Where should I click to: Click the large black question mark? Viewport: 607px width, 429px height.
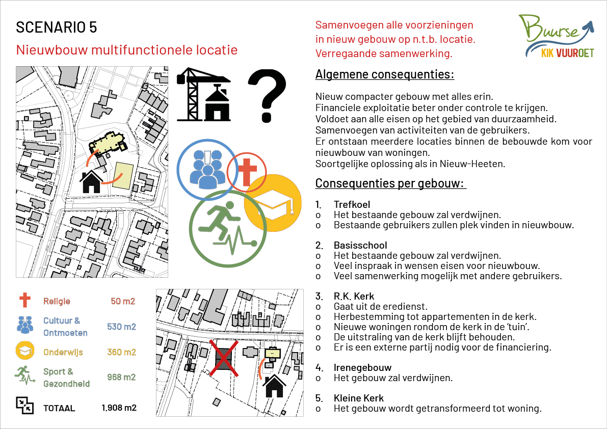267,95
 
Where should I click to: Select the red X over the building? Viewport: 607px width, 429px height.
225,358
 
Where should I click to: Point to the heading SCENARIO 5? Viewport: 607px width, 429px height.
57,28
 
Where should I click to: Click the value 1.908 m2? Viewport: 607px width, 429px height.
119,408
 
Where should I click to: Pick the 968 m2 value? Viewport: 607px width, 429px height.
121,378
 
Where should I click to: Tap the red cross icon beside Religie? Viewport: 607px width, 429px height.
24,301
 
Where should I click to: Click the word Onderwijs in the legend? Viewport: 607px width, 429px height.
63,352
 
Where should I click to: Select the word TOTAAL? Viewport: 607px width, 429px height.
59,408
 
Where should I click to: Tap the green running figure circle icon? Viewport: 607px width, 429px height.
227,228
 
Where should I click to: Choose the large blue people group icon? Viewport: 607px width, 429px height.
207,169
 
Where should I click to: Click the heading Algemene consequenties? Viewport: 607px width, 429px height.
385,74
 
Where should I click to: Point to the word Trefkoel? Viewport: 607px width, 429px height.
352,204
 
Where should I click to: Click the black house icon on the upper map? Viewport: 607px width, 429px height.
92,182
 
